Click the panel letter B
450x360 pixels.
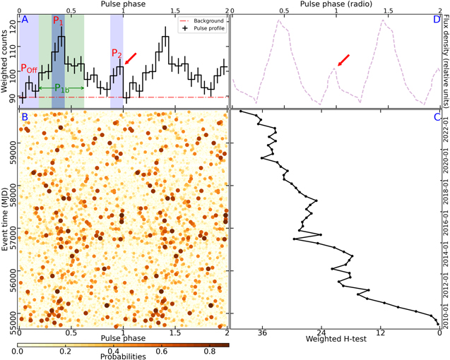[x=24, y=116]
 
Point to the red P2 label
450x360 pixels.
[x=115, y=55]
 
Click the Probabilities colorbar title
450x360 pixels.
[x=122, y=356]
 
